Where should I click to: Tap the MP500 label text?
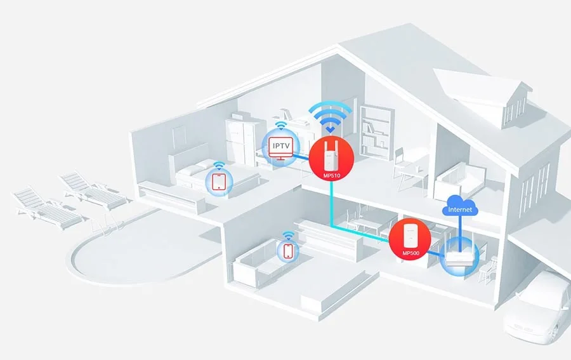point(410,253)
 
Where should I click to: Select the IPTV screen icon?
point(280,147)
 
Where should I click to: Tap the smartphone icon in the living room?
point(288,251)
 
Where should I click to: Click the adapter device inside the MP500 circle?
point(410,235)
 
